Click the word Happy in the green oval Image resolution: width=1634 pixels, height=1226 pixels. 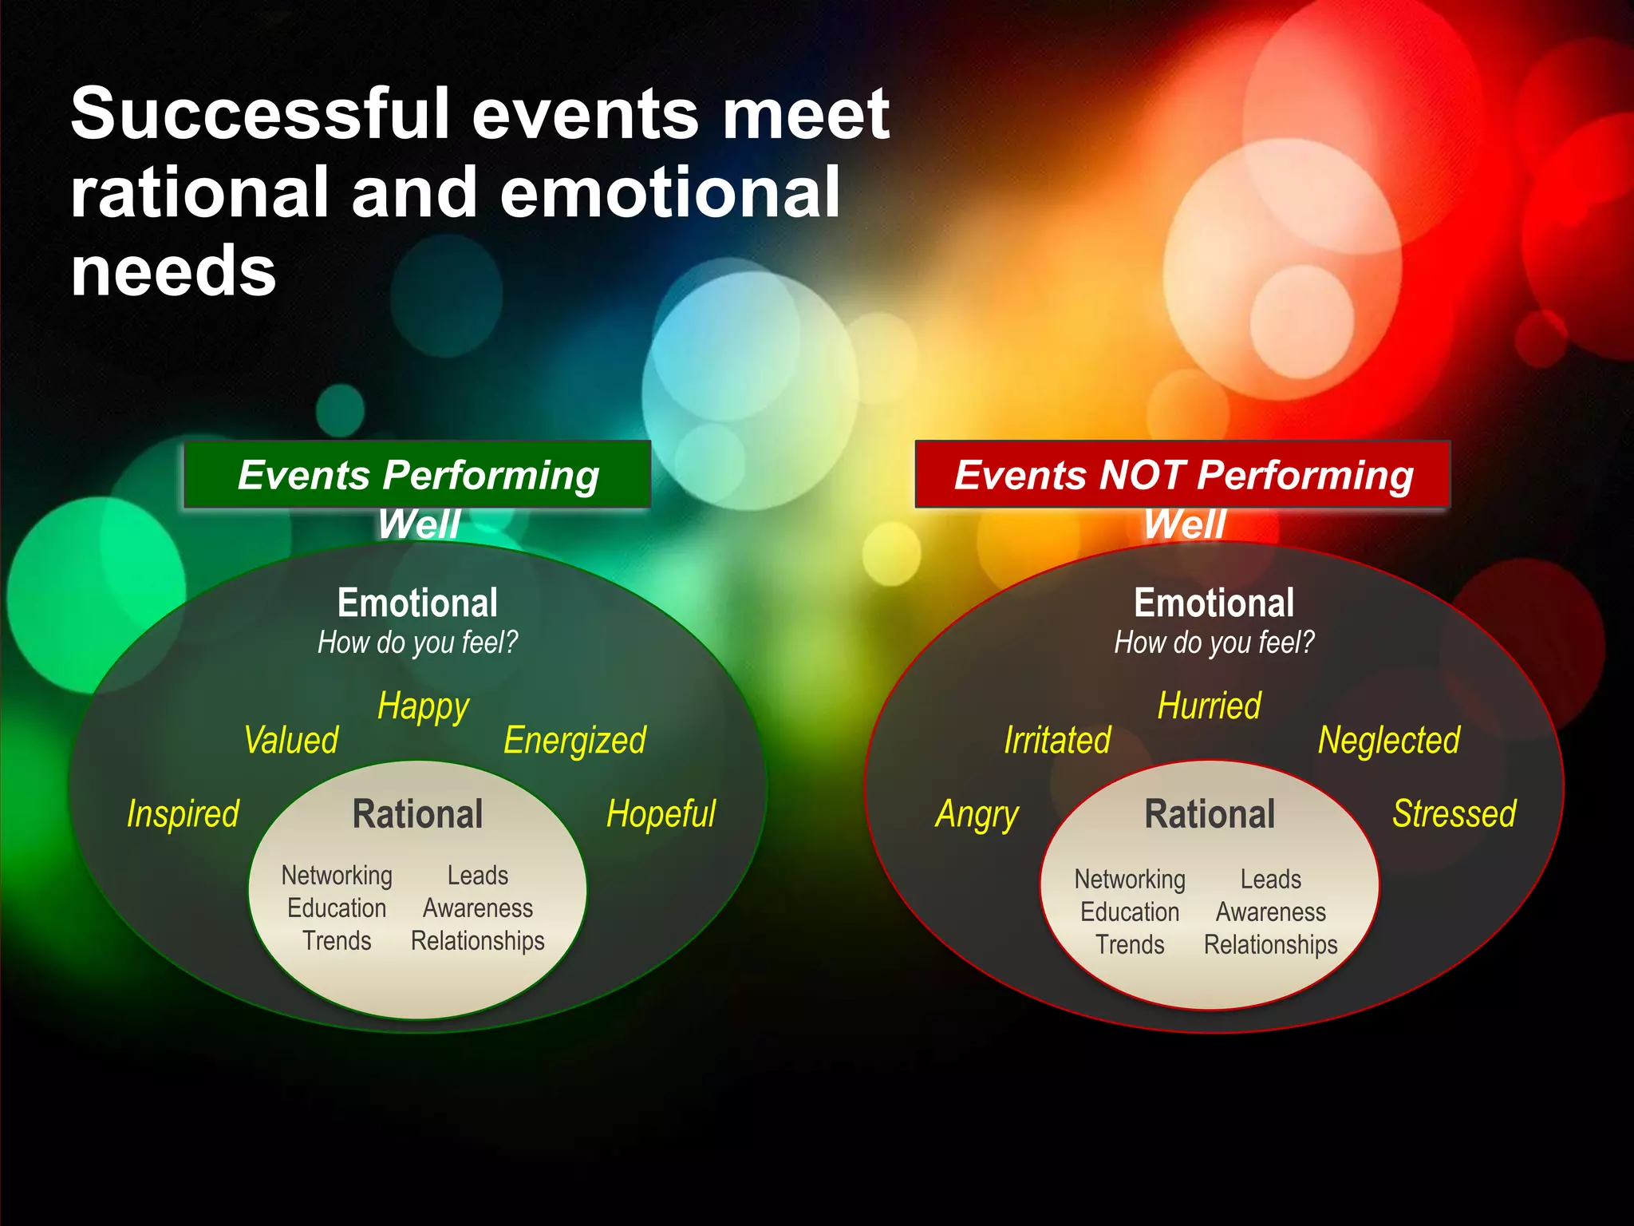click(423, 707)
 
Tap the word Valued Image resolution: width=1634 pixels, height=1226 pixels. click(291, 740)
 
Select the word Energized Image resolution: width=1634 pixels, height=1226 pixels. click(574, 740)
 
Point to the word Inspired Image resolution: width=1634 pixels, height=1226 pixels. click(183, 813)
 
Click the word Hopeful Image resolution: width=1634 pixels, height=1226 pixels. click(661, 813)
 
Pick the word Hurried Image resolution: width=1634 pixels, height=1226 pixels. click(1209, 706)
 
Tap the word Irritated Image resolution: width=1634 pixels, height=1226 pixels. click(1057, 740)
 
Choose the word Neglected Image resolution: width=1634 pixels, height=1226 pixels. click(1388, 740)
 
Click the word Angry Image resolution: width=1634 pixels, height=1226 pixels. click(977, 815)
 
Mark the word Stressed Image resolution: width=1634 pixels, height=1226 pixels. click(1454, 813)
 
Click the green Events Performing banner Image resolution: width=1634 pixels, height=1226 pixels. click(417, 475)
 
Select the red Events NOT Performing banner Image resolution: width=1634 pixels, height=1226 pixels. click(1182, 475)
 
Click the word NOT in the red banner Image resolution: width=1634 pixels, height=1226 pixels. click(1142, 475)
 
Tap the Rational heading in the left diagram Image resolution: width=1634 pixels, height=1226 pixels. click(417, 814)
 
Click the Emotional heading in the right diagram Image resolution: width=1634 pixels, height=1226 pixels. click(1214, 603)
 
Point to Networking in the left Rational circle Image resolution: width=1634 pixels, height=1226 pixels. click(337, 876)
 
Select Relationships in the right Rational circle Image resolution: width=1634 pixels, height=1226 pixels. click(1270, 944)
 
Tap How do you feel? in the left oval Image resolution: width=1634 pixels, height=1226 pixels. click(417, 643)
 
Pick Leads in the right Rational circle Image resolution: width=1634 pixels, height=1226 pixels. click(1270, 879)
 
